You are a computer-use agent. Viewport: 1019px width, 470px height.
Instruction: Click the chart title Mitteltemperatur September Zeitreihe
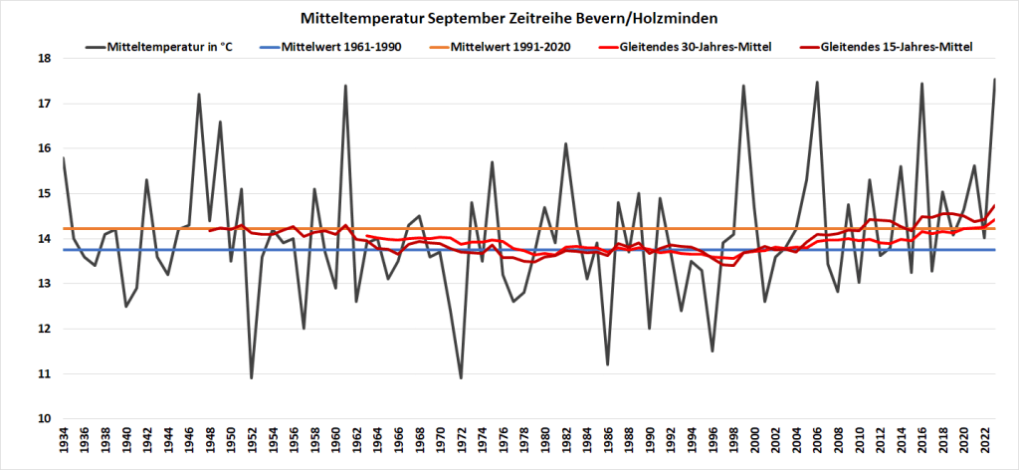coord(509,18)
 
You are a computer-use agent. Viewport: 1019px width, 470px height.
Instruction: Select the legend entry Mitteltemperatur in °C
coord(164,46)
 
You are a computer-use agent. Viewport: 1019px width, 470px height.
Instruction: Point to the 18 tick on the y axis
coord(45,58)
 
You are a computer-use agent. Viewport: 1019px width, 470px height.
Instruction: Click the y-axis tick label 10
coord(45,419)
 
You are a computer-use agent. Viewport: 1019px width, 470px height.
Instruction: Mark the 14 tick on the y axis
coord(45,239)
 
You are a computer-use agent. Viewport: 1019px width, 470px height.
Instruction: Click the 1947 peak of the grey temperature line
coord(199,95)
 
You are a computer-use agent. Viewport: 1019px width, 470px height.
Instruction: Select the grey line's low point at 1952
coord(252,378)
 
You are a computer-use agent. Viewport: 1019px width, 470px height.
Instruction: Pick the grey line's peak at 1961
coord(345,86)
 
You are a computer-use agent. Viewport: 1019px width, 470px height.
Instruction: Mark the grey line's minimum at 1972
coord(461,378)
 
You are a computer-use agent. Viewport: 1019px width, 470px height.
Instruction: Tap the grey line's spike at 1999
coord(743,86)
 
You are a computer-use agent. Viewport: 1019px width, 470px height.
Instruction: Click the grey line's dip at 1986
coord(607,364)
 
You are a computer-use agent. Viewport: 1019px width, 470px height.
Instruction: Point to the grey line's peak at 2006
coord(817,83)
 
